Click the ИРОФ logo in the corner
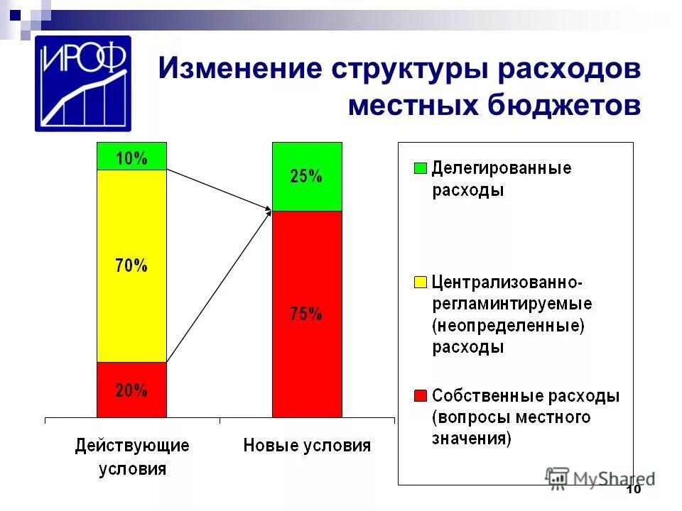pos(83,84)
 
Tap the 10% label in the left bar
pos(131,158)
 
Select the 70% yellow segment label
pos(131,266)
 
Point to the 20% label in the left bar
pos(131,390)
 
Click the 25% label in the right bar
pos(306,177)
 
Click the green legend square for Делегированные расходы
pos(420,169)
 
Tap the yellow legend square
pos(420,282)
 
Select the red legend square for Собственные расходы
pos(420,395)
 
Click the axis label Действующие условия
pos(133,457)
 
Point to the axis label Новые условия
pos(307,446)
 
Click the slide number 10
pos(634,491)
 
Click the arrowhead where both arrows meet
pos(269,209)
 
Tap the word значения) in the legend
pos(471,438)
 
